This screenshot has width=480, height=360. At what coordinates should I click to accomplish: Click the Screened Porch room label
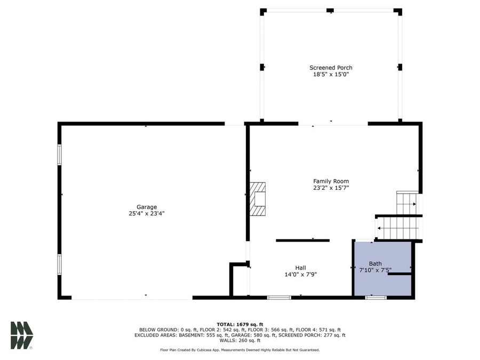[x=331, y=68]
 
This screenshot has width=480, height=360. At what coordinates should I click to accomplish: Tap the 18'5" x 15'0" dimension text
[x=331, y=75]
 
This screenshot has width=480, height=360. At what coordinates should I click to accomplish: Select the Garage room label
[x=146, y=207]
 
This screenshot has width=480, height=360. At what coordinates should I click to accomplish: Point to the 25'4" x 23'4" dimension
[x=146, y=214]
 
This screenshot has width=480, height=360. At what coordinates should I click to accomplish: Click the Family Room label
[x=331, y=181]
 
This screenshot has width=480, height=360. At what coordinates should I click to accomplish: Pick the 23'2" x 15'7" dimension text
[x=331, y=188]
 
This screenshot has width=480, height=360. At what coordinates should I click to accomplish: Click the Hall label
[x=301, y=268]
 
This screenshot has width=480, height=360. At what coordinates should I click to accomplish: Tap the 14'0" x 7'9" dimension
[x=301, y=275]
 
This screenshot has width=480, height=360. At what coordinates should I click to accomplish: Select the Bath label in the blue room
[x=375, y=263]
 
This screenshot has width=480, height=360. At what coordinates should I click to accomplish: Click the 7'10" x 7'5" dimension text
[x=375, y=270]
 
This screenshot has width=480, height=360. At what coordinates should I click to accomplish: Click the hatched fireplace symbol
[x=258, y=199]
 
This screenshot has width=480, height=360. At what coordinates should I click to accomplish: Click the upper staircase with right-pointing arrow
[x=406, y=203]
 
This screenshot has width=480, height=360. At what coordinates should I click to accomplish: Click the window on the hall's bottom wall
[x=279, y=297]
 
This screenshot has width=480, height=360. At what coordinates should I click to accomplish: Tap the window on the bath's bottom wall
[x=375, y=297]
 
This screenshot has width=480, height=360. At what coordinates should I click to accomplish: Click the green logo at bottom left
[x=22, y=335]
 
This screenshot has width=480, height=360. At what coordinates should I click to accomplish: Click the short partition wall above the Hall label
[x=302, y=241]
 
